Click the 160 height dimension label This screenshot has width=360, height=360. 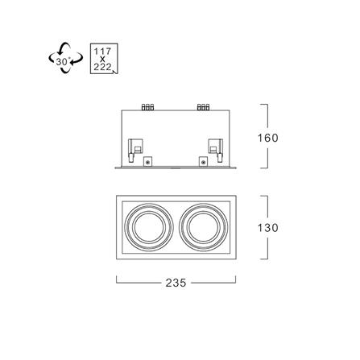268,138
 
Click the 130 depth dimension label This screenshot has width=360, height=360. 268,228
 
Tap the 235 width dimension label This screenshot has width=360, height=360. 176,283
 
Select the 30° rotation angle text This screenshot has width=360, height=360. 63,61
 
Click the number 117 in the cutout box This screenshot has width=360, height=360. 102,52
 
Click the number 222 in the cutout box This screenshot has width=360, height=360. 102,67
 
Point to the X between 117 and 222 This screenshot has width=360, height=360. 102,60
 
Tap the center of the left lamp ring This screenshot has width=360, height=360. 150,227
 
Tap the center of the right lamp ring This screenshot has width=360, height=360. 204,227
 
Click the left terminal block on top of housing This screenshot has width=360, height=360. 147,107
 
